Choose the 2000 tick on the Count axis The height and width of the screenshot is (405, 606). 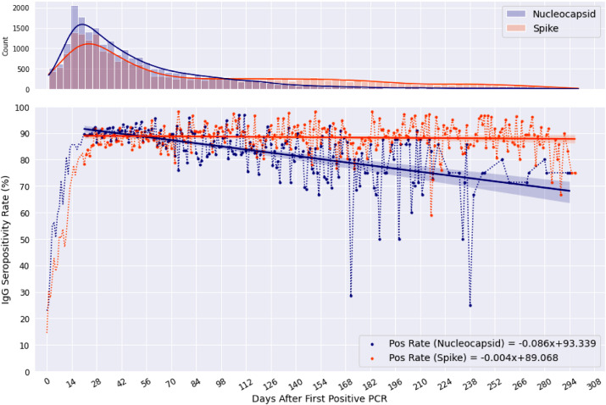[x=22, y=8]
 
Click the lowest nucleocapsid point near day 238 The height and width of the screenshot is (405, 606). [x=470, y=305]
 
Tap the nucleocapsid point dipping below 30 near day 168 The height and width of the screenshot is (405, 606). [x=351, y=296]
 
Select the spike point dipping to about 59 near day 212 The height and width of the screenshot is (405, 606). [x=431, y=215]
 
